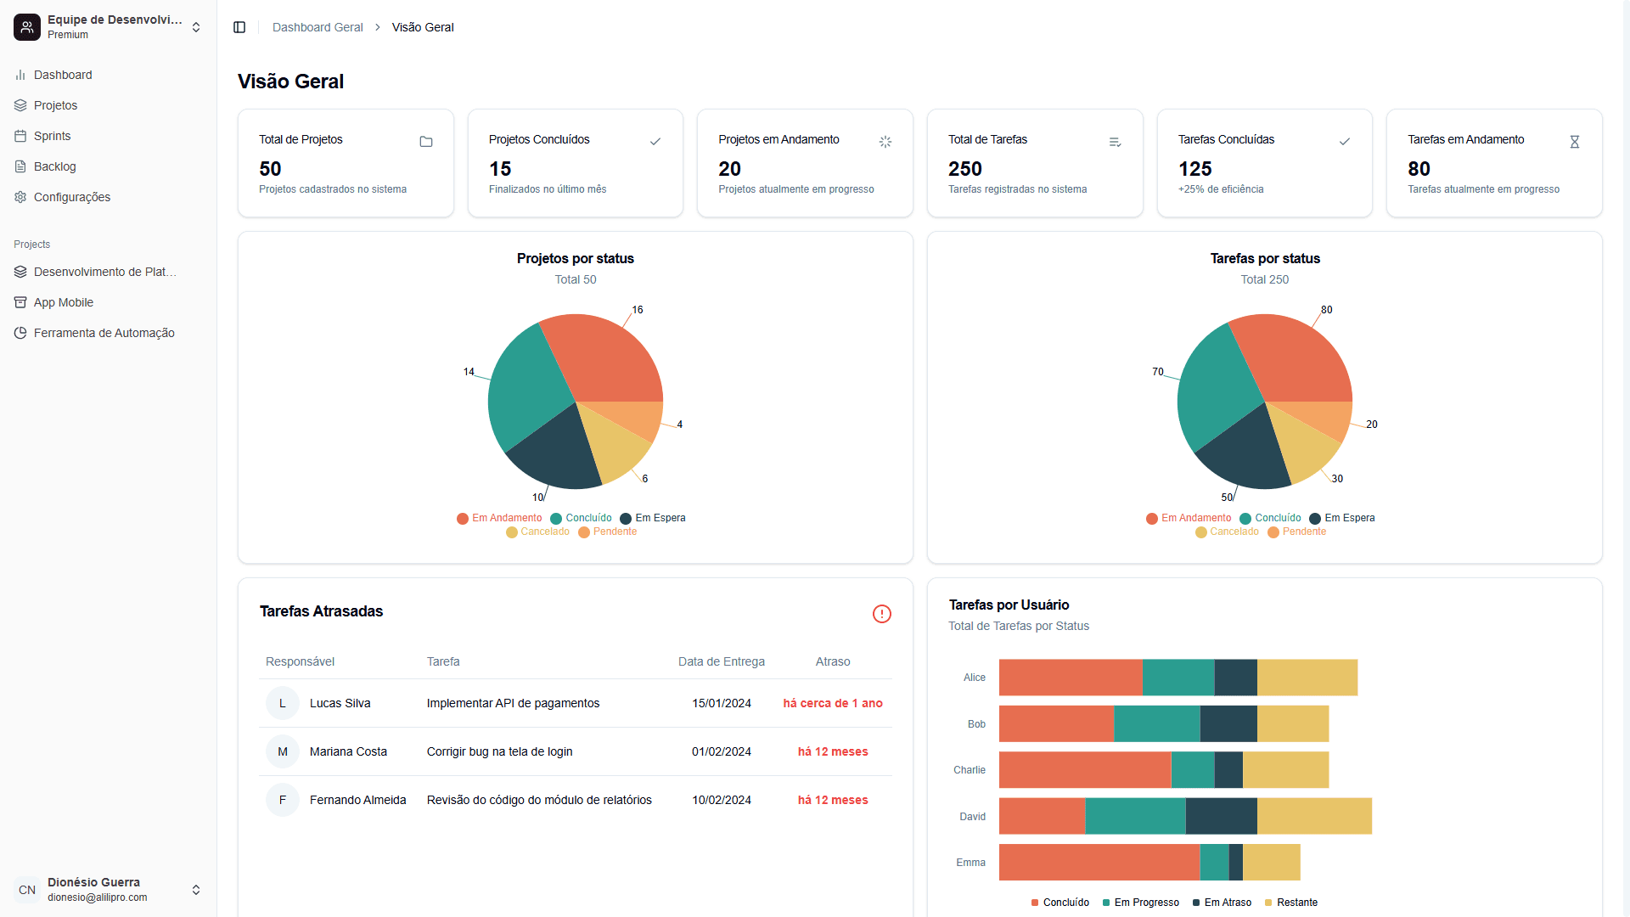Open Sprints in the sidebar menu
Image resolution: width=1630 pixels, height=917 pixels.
coord(52,136)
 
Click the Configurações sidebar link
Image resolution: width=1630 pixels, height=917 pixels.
coord(71,197)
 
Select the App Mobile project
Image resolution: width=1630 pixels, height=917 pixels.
coord(63,302)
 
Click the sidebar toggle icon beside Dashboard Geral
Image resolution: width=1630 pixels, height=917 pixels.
coord(239,27)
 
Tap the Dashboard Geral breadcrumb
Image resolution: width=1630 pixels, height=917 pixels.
coord(318,27)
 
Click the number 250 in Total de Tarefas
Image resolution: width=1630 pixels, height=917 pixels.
coord(964,169)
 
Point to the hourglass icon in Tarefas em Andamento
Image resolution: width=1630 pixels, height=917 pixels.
coord(1574,142)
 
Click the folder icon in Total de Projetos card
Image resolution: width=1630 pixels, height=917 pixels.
coord(426,142)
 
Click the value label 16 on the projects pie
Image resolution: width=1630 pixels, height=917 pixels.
coord(638,310)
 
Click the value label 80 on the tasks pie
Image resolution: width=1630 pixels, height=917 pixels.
coord(1327,310)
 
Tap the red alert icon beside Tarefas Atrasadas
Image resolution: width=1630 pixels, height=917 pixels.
coord(881,614)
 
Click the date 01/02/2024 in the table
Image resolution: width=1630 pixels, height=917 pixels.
coord(721,751)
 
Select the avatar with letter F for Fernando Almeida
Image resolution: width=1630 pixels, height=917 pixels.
coord(283,800)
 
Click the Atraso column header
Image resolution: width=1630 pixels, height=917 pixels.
coord(832,661)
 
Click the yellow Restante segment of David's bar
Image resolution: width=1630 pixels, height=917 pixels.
coord(1313,816)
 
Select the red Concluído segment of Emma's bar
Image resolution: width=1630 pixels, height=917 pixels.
coord(1099,862)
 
